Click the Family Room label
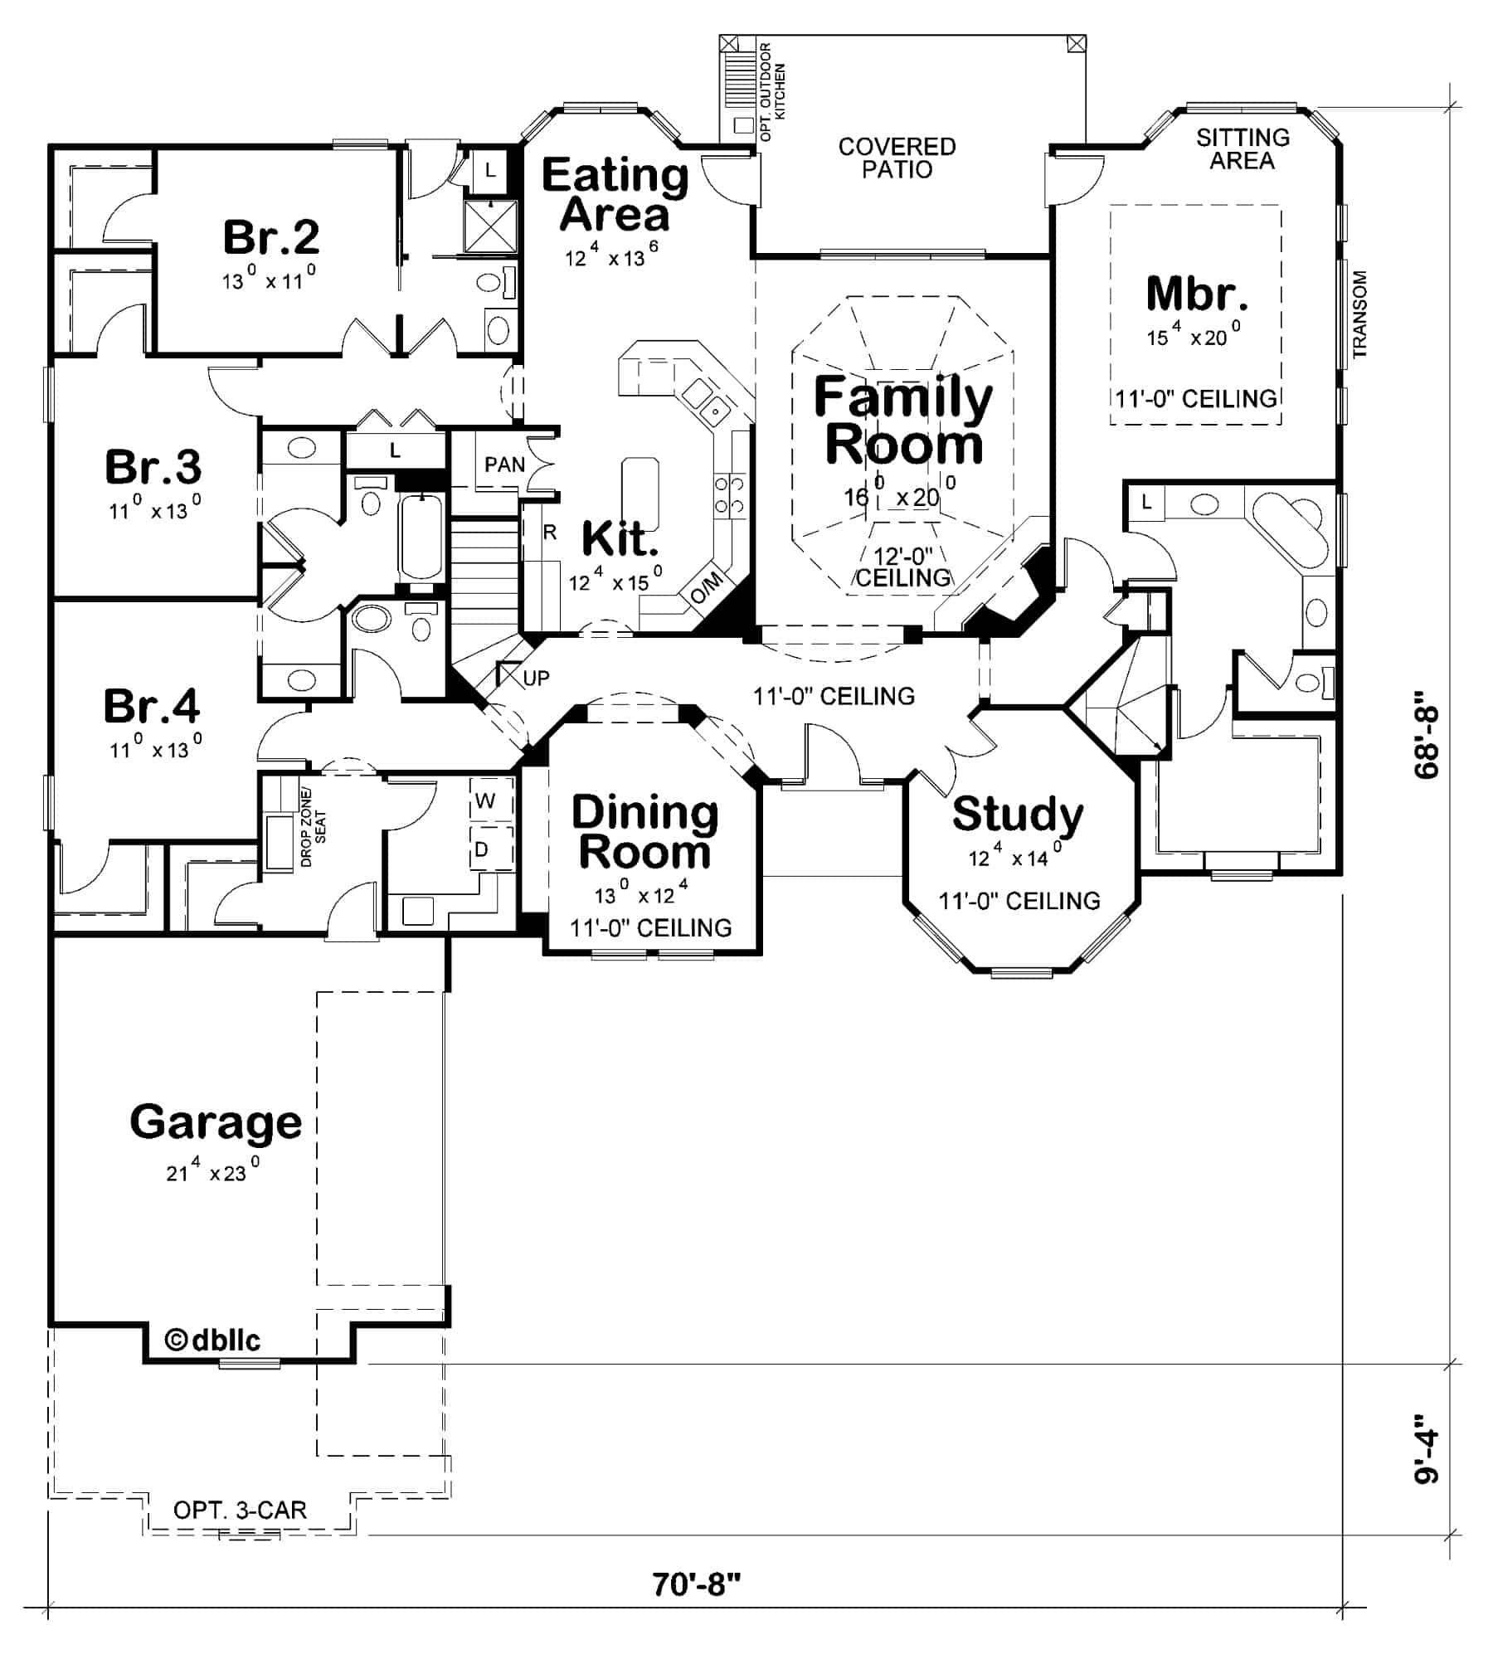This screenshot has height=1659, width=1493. coord(902,421)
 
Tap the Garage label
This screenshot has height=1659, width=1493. coord(216,1122)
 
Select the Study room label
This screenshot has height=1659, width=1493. coord(1017,815)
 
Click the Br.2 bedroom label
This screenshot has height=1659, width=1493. coord(270,237)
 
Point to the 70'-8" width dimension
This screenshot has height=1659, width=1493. coord(696,1584)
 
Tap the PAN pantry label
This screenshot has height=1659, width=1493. coord(504,465)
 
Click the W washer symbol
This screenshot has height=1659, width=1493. coord(485,801)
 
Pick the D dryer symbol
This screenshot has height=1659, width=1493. coord(481,850)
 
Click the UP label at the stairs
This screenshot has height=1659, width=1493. coord(536,679)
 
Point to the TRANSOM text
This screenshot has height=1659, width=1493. coord(1359,314)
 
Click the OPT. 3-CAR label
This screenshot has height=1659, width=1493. coord(240,1510)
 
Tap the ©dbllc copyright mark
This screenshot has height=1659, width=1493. coord(213,1340)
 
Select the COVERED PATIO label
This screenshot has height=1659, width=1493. coord(897,158)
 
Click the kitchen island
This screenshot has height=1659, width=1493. coord(640,493)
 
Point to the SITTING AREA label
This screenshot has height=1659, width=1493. coord(1242,148)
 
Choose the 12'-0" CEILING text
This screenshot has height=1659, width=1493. coord(902,567)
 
